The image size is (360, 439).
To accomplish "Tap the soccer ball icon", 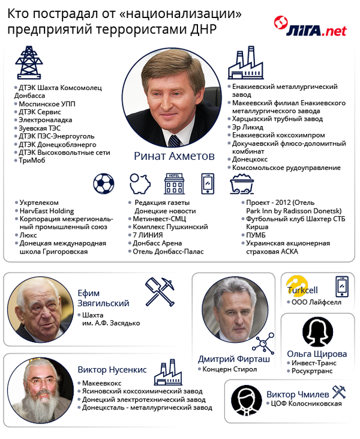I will (x=103, y=183).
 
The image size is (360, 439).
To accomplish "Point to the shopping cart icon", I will (x=242, y=184).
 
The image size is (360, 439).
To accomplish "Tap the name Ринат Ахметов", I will (x=174, y=156).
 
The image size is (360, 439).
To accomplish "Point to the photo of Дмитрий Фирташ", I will (x=235, y=312).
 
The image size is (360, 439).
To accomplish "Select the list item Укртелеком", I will (x=39, y=203).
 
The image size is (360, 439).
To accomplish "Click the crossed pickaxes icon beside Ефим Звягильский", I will (x=160, y=292).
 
